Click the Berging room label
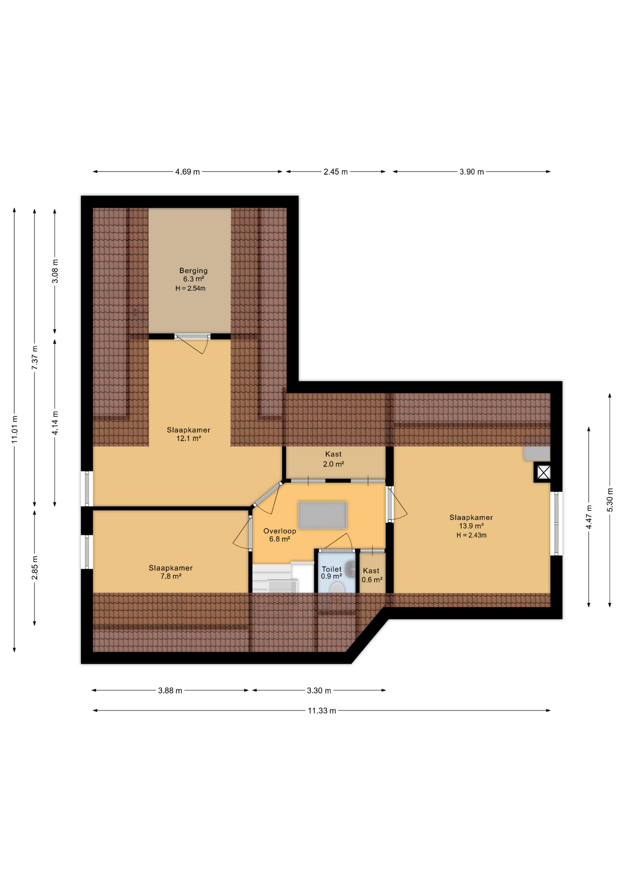point(193,271)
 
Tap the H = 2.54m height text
point(190,288)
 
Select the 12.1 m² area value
point(188,438)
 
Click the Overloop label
point(279,531)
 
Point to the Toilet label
point(331,569)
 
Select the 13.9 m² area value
point(471,526)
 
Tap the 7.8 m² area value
point(170,576)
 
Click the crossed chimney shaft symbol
point(543,472)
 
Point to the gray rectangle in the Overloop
point(322,514)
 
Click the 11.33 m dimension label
point(322,711)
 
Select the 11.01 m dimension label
point(15,430)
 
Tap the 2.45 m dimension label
point(335,172)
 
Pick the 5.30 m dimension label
point(610,500)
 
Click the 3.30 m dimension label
point(319,690)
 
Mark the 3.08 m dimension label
point(55,271)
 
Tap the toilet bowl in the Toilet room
point(337,588)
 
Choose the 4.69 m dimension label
point(187,172)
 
